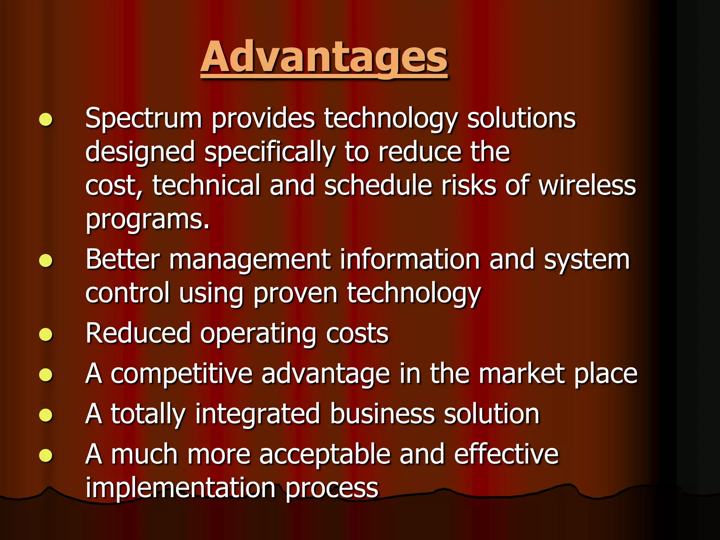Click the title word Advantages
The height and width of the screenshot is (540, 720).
(324, 57)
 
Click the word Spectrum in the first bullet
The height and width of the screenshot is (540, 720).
(143, 118)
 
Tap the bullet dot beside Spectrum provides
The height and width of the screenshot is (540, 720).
(46, 120)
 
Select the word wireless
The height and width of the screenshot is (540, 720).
(587, 186)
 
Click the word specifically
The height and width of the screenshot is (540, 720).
(270, 152)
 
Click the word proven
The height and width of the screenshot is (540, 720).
(295, 294)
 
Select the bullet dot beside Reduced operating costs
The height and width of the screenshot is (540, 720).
(46, 335)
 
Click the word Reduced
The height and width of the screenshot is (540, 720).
(138, 333)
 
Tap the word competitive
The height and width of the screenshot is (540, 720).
(181, 374)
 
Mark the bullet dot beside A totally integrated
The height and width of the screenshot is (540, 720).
(46, 415)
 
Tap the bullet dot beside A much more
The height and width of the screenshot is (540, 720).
(46, 456)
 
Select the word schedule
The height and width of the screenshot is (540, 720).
(378, 186)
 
